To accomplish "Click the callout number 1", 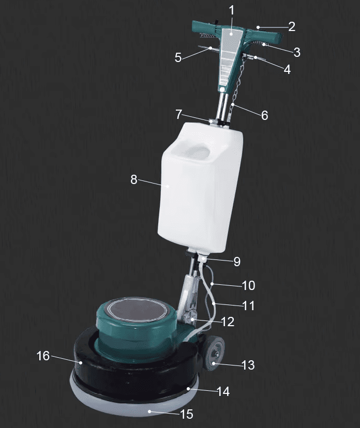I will [232, 10].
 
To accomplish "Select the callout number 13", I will [248, 365].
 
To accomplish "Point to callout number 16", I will [43, 356].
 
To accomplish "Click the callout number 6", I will [264, 115].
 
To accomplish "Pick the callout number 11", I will [249, 305].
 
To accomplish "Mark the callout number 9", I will [236, 262].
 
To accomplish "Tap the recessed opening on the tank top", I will [194, 150].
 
